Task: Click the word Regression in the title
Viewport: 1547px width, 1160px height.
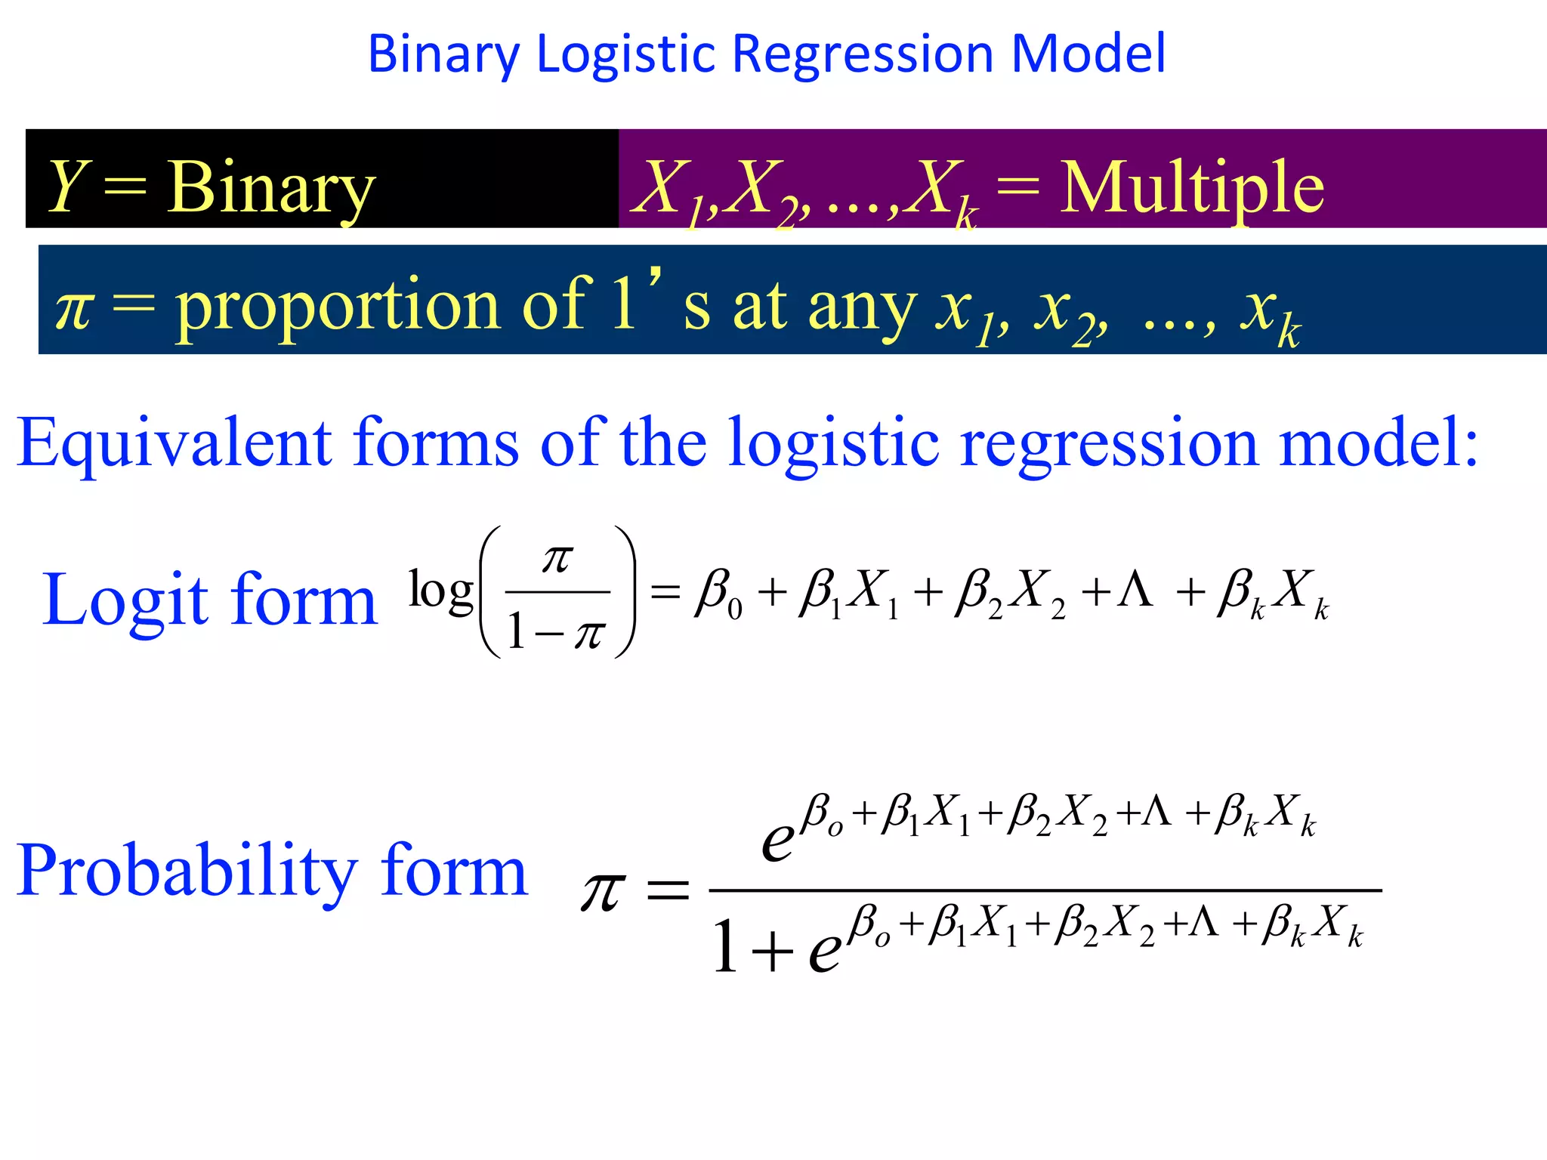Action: point(863,54)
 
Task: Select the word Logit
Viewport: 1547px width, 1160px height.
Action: point(125,600)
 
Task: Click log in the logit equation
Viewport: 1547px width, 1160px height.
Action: point(440,591)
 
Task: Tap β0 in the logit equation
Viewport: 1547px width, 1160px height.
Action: point(718,593)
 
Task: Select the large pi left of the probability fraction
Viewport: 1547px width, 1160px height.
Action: point(603,891)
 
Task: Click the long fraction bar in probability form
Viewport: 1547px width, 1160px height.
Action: point(1045,891)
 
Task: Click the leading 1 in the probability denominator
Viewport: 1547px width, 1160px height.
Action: point(725,946)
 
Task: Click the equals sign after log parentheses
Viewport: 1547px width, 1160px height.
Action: point(665,591)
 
